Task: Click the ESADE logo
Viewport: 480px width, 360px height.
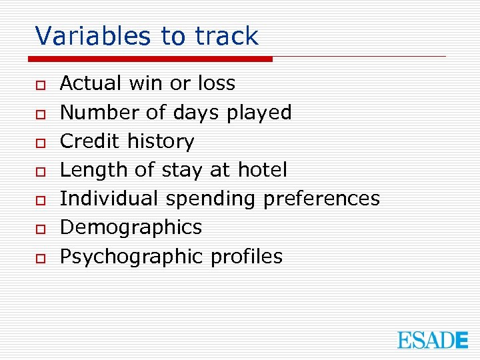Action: (x=433, y=340)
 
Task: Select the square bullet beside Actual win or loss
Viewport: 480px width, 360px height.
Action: (x=41, y=85)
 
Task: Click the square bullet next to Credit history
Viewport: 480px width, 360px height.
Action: (x=41, y=142)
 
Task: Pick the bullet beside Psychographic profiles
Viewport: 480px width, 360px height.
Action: (x=41, y=257)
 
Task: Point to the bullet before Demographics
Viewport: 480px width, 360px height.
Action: (x=41, y=229)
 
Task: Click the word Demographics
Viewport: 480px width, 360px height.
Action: (x=131, y=227)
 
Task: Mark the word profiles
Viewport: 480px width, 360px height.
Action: (x=246, y=257)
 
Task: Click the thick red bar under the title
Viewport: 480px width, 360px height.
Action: (x=153, y=59)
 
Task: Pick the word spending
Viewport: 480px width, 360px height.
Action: (x=211, y=199)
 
